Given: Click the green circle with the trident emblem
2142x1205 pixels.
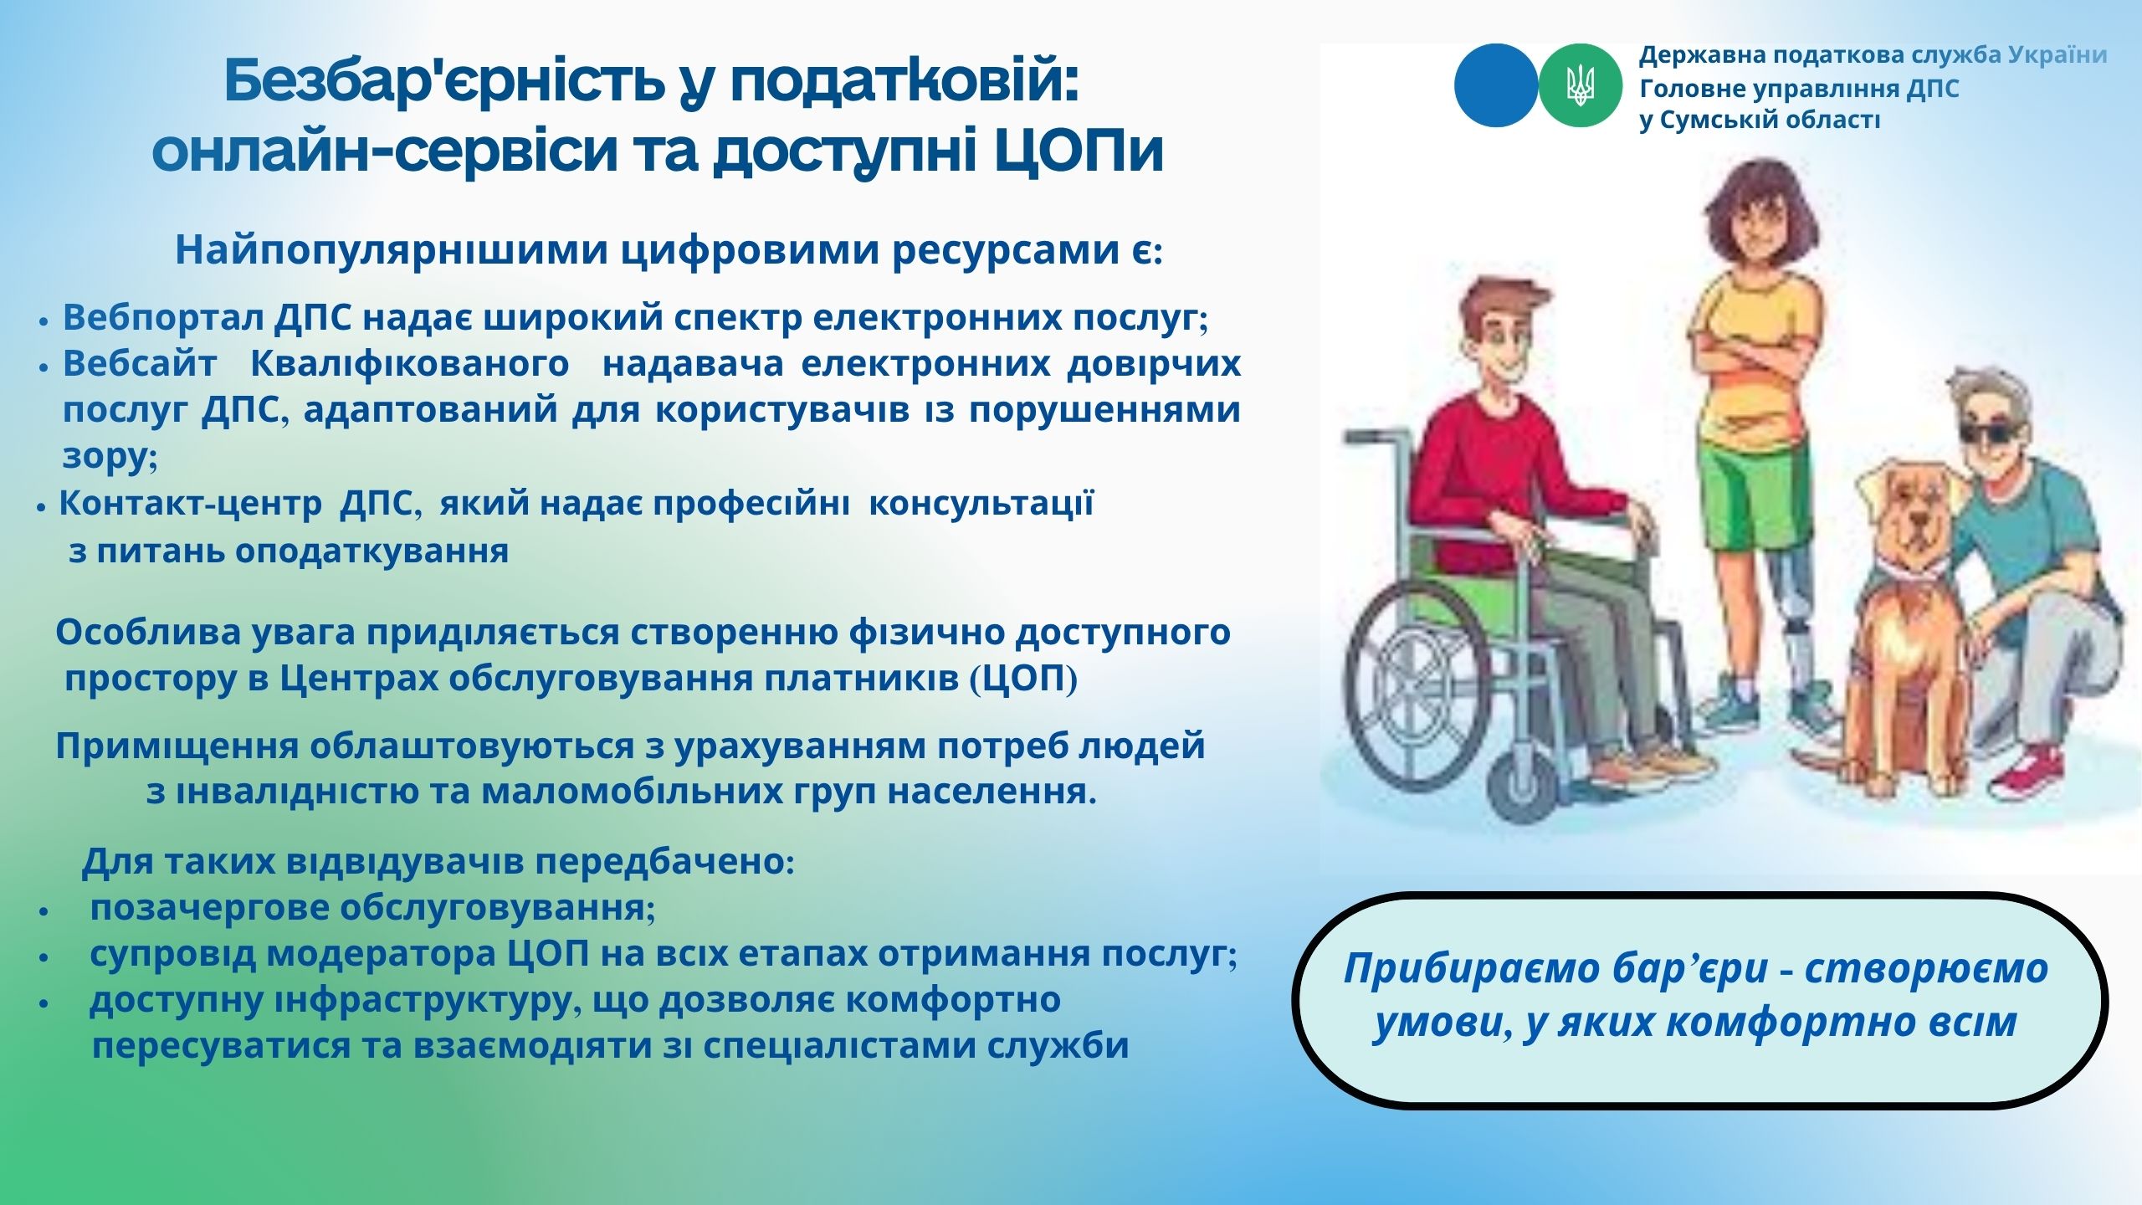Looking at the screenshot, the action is tap(1580, 85).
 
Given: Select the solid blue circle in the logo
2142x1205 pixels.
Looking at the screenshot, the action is tap(1496, 85).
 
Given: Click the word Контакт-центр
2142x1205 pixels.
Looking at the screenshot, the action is tap(190, 504).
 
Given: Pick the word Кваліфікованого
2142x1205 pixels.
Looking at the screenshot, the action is tap(410, 364).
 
